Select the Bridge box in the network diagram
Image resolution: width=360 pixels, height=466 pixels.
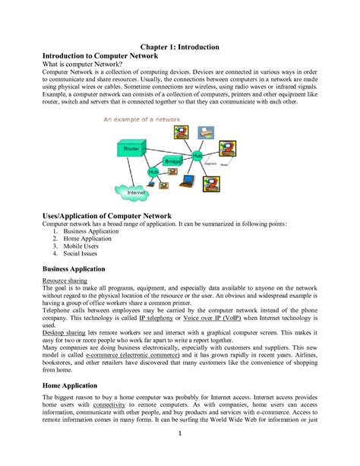click(x=172, y=161)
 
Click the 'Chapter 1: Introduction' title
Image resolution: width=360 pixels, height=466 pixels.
click(x=179, y=47)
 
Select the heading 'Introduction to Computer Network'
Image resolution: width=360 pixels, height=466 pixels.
click(x=107, y=59)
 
